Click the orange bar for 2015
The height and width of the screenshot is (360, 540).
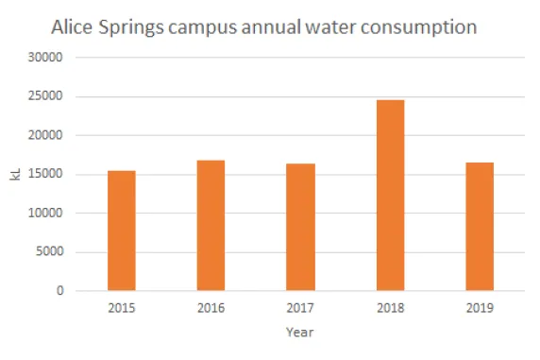[x=121, y=231]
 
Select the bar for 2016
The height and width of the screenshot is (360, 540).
[x=211, y=226]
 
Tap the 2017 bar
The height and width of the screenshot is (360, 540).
[x=300, y=228]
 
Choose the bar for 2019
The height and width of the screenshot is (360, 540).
[x=480, y=227]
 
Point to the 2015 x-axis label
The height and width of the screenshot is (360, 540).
[x=121, y=308]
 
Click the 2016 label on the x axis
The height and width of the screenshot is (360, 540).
[x=211, y=308]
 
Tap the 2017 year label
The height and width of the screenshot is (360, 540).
[x=300, y=308]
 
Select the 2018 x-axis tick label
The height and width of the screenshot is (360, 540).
[x=390, y=308]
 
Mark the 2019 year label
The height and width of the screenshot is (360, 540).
[x=480, y=308]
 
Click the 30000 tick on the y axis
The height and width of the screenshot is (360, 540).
[x=45, y=58]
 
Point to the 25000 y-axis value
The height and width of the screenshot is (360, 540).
[x=45, y=96]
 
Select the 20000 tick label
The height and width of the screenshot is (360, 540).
[x=45, y=135]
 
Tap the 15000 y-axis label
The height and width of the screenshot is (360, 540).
[x=45, y=175]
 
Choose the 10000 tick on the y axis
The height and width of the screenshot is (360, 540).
[x=45, y=214]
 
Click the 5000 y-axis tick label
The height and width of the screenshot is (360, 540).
[x=48, y=252]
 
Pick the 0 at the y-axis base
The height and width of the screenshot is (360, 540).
[x=59, y=291]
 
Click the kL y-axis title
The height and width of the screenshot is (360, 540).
[x=14, y=174]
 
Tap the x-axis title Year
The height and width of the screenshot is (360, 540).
[x=300, y=333]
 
